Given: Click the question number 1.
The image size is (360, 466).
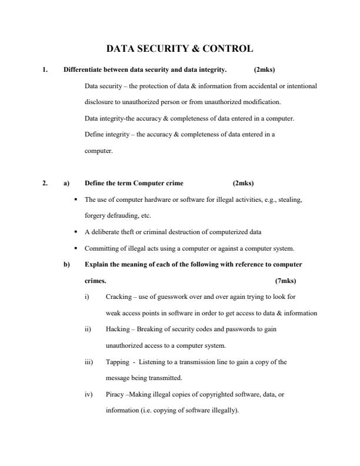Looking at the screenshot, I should point(45,70).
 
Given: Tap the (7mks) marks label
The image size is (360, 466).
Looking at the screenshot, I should point(285,281).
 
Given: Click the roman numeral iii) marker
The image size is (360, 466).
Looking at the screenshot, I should point(89,362).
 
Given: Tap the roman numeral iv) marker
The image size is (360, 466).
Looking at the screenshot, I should point(89,394).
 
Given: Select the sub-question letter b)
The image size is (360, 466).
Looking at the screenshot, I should point(66,265).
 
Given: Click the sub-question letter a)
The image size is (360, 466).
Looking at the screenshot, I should point(66,183).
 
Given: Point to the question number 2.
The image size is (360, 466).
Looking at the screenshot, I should point(45,183).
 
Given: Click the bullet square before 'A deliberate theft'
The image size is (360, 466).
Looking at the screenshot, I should point(76,231).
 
